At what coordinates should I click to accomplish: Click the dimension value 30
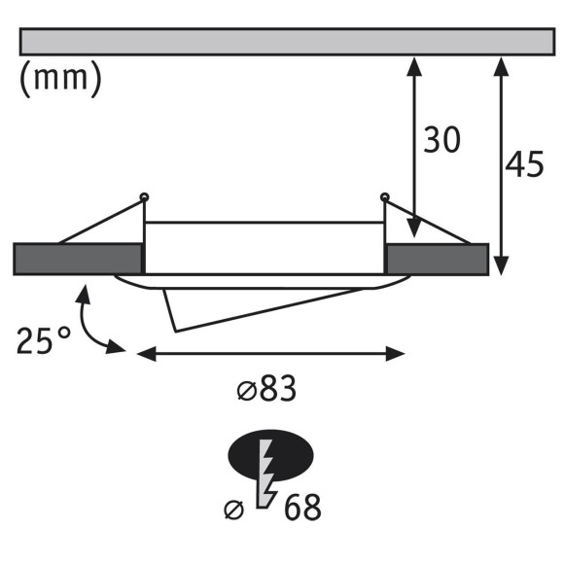(x=441, y=141)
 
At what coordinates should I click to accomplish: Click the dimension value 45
(x=525, y=165)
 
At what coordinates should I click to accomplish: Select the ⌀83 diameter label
(x=265, y=390)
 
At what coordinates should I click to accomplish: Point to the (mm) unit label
(x=60, y=79)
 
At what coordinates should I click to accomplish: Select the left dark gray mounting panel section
(x=78, y=259)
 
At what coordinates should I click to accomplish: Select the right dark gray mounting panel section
(x=437, y=259)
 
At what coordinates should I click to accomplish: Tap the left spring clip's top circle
(x=145, y=197)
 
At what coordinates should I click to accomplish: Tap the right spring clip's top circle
(x=385, y=198)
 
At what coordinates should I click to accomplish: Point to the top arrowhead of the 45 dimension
(x=502, y=64)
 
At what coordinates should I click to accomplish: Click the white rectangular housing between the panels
(x=264, y=248)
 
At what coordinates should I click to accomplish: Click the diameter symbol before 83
(x=245, y=391)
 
